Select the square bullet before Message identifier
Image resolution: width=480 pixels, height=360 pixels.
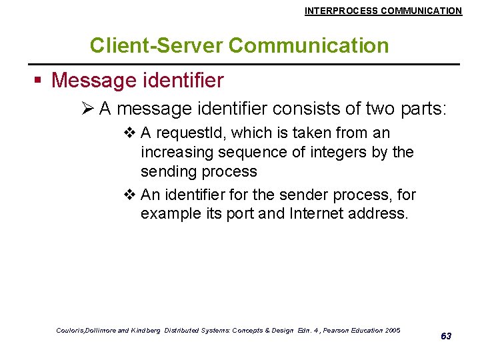pyautogui.click(x=39, y=81)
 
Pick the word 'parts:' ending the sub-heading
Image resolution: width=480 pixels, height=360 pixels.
pyautogui.click(x=423, y=109)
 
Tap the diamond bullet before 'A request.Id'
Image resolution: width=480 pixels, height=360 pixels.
pyautogui.click(x=129, y=133)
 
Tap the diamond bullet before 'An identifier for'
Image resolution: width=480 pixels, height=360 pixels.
pyautogui.click(x=129, y=195)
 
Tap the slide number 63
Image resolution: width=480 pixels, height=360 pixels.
pyautogui.click(x=446, y=336)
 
